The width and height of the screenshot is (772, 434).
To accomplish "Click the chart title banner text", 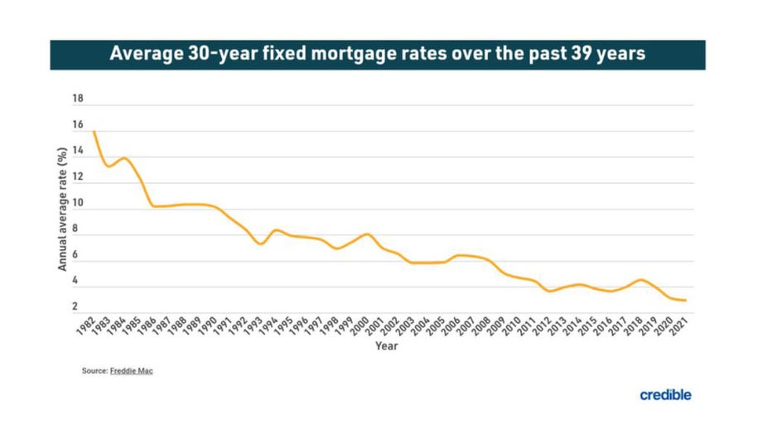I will point(377,55).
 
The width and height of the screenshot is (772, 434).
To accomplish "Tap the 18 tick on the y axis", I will point(79,99).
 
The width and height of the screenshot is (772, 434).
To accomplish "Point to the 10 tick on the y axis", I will point(79,203).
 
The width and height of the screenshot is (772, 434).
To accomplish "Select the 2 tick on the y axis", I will point(75,307).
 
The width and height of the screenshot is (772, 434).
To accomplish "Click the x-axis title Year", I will point(386,345).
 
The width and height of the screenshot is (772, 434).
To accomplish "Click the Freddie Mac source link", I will point(132,371).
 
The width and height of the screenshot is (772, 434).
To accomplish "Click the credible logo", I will point(665,395).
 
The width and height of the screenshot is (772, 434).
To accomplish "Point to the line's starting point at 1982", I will point(94,132).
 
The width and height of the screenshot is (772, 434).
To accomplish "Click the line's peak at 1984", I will point(124,158).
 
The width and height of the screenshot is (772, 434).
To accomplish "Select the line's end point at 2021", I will point(686,301).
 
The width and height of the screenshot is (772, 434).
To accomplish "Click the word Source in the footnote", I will point(94,371).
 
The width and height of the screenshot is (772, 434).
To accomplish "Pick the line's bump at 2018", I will point(639,280).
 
